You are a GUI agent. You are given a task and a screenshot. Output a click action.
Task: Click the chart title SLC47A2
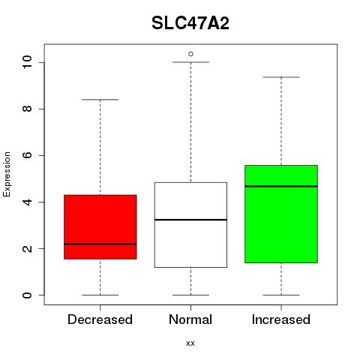(190, 23)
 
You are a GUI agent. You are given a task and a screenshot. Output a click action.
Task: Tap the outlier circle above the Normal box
(190, 54)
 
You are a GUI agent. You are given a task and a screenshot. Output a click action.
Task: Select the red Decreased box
(100, 226)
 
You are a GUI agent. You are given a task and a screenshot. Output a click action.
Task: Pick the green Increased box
(281, 214)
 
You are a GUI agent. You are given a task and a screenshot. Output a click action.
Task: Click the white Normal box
(190, 225)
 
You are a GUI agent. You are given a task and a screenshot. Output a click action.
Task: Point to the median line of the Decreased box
(100, 244)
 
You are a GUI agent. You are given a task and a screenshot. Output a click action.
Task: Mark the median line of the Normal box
(190, 220)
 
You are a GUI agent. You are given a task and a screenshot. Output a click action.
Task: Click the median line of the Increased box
(281, 186)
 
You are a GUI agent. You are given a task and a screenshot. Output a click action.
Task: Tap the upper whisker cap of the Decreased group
(100, 100)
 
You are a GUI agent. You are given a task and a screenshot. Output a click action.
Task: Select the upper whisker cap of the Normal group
(190, 62)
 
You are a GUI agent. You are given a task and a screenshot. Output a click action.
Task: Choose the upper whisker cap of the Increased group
(281, 77)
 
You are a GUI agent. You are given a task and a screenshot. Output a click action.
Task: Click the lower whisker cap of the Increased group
(281, 295)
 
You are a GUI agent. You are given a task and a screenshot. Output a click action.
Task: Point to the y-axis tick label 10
(27, 62)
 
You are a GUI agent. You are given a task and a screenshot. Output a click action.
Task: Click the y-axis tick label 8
(27, 109)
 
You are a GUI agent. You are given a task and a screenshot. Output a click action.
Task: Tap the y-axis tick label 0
(27, 295)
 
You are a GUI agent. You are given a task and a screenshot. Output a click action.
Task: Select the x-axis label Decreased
(100, 319)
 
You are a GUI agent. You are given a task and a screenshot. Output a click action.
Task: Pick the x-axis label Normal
(190, 319)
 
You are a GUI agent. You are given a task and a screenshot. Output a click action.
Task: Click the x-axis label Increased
(281, 319)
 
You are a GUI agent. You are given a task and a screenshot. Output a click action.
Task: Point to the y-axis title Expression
(7, 174)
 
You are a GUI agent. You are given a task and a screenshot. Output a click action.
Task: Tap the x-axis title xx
(190, 343)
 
